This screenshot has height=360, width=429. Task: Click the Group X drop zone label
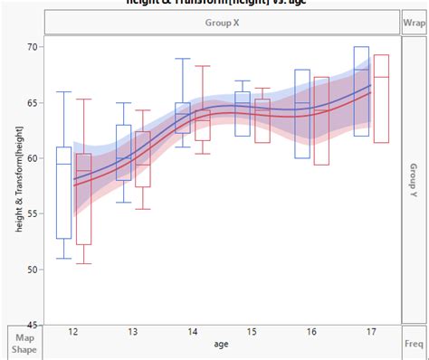[x=222, y=20]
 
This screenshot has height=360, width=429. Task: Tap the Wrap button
[x=415, y=20]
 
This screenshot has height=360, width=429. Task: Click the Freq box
[x=415, y=344]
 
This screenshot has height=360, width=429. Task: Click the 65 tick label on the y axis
[x=33, y=102]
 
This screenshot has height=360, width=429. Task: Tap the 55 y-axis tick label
[x=33, y=213]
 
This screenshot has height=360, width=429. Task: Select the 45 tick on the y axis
[x=33, y=324]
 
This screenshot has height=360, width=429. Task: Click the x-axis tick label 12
[x=72, y=333]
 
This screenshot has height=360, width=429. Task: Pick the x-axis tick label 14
[x=192, y=333]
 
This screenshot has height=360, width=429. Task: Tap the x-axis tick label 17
[x=371, y=333]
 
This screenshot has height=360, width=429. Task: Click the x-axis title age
[x=222, y=345]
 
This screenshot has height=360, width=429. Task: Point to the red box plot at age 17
[x=381, y=99]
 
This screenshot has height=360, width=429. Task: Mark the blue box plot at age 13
[x=124, y=153]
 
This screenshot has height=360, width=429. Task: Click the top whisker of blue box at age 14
[x=183, y=59]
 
